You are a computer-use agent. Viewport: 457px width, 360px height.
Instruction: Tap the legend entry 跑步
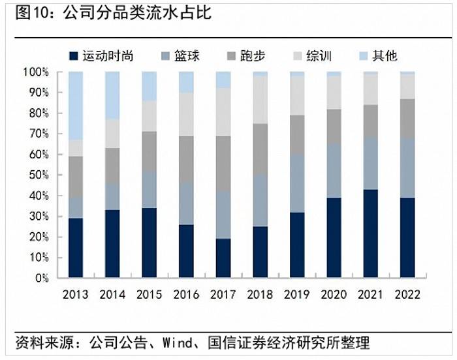(x=246, y=56)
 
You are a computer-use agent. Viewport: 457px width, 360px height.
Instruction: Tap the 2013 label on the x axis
(x=75, y=294)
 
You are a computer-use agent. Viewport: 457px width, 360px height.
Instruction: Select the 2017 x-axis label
(x=223, y=294)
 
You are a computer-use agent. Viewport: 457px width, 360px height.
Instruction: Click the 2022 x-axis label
(x=408, y=294)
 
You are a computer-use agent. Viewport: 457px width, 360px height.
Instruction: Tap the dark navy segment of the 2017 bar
(x=223, y=258)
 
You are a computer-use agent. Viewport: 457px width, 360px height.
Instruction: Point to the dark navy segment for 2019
(x=297, y=245)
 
